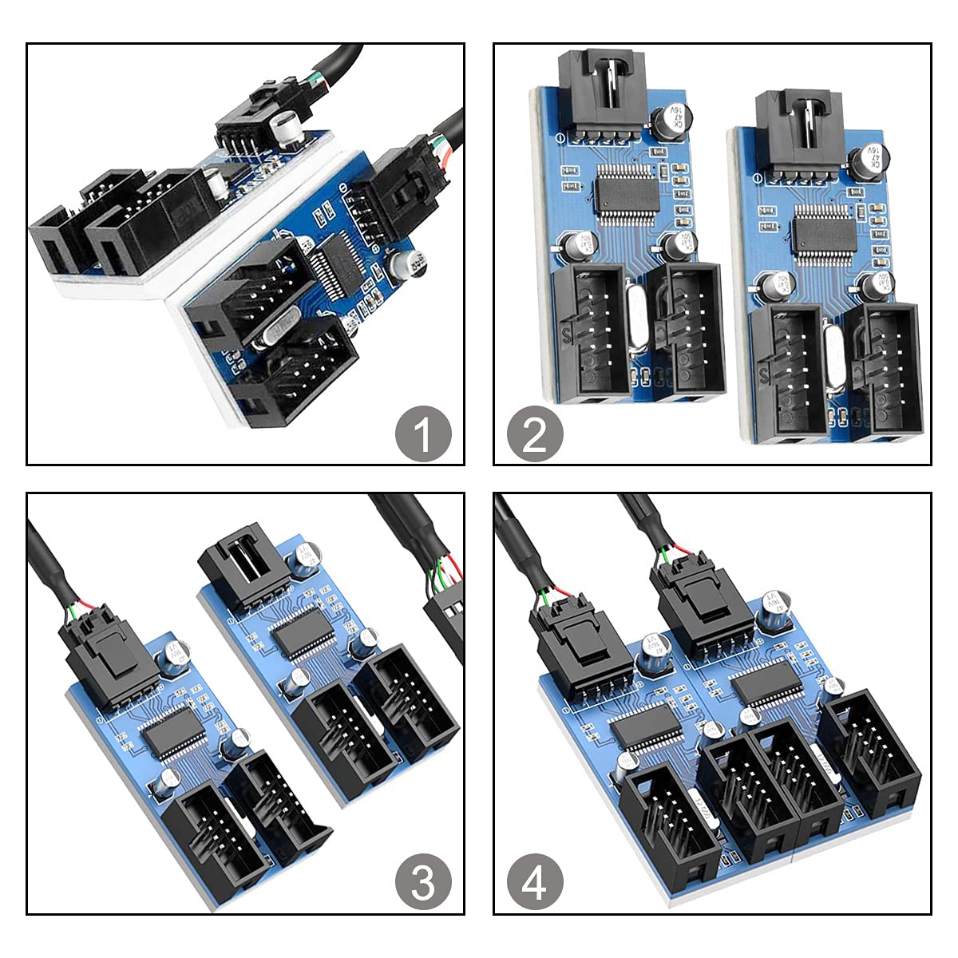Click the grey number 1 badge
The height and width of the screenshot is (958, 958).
pos(423,436)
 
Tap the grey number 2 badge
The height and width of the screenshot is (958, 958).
pos(535,436)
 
